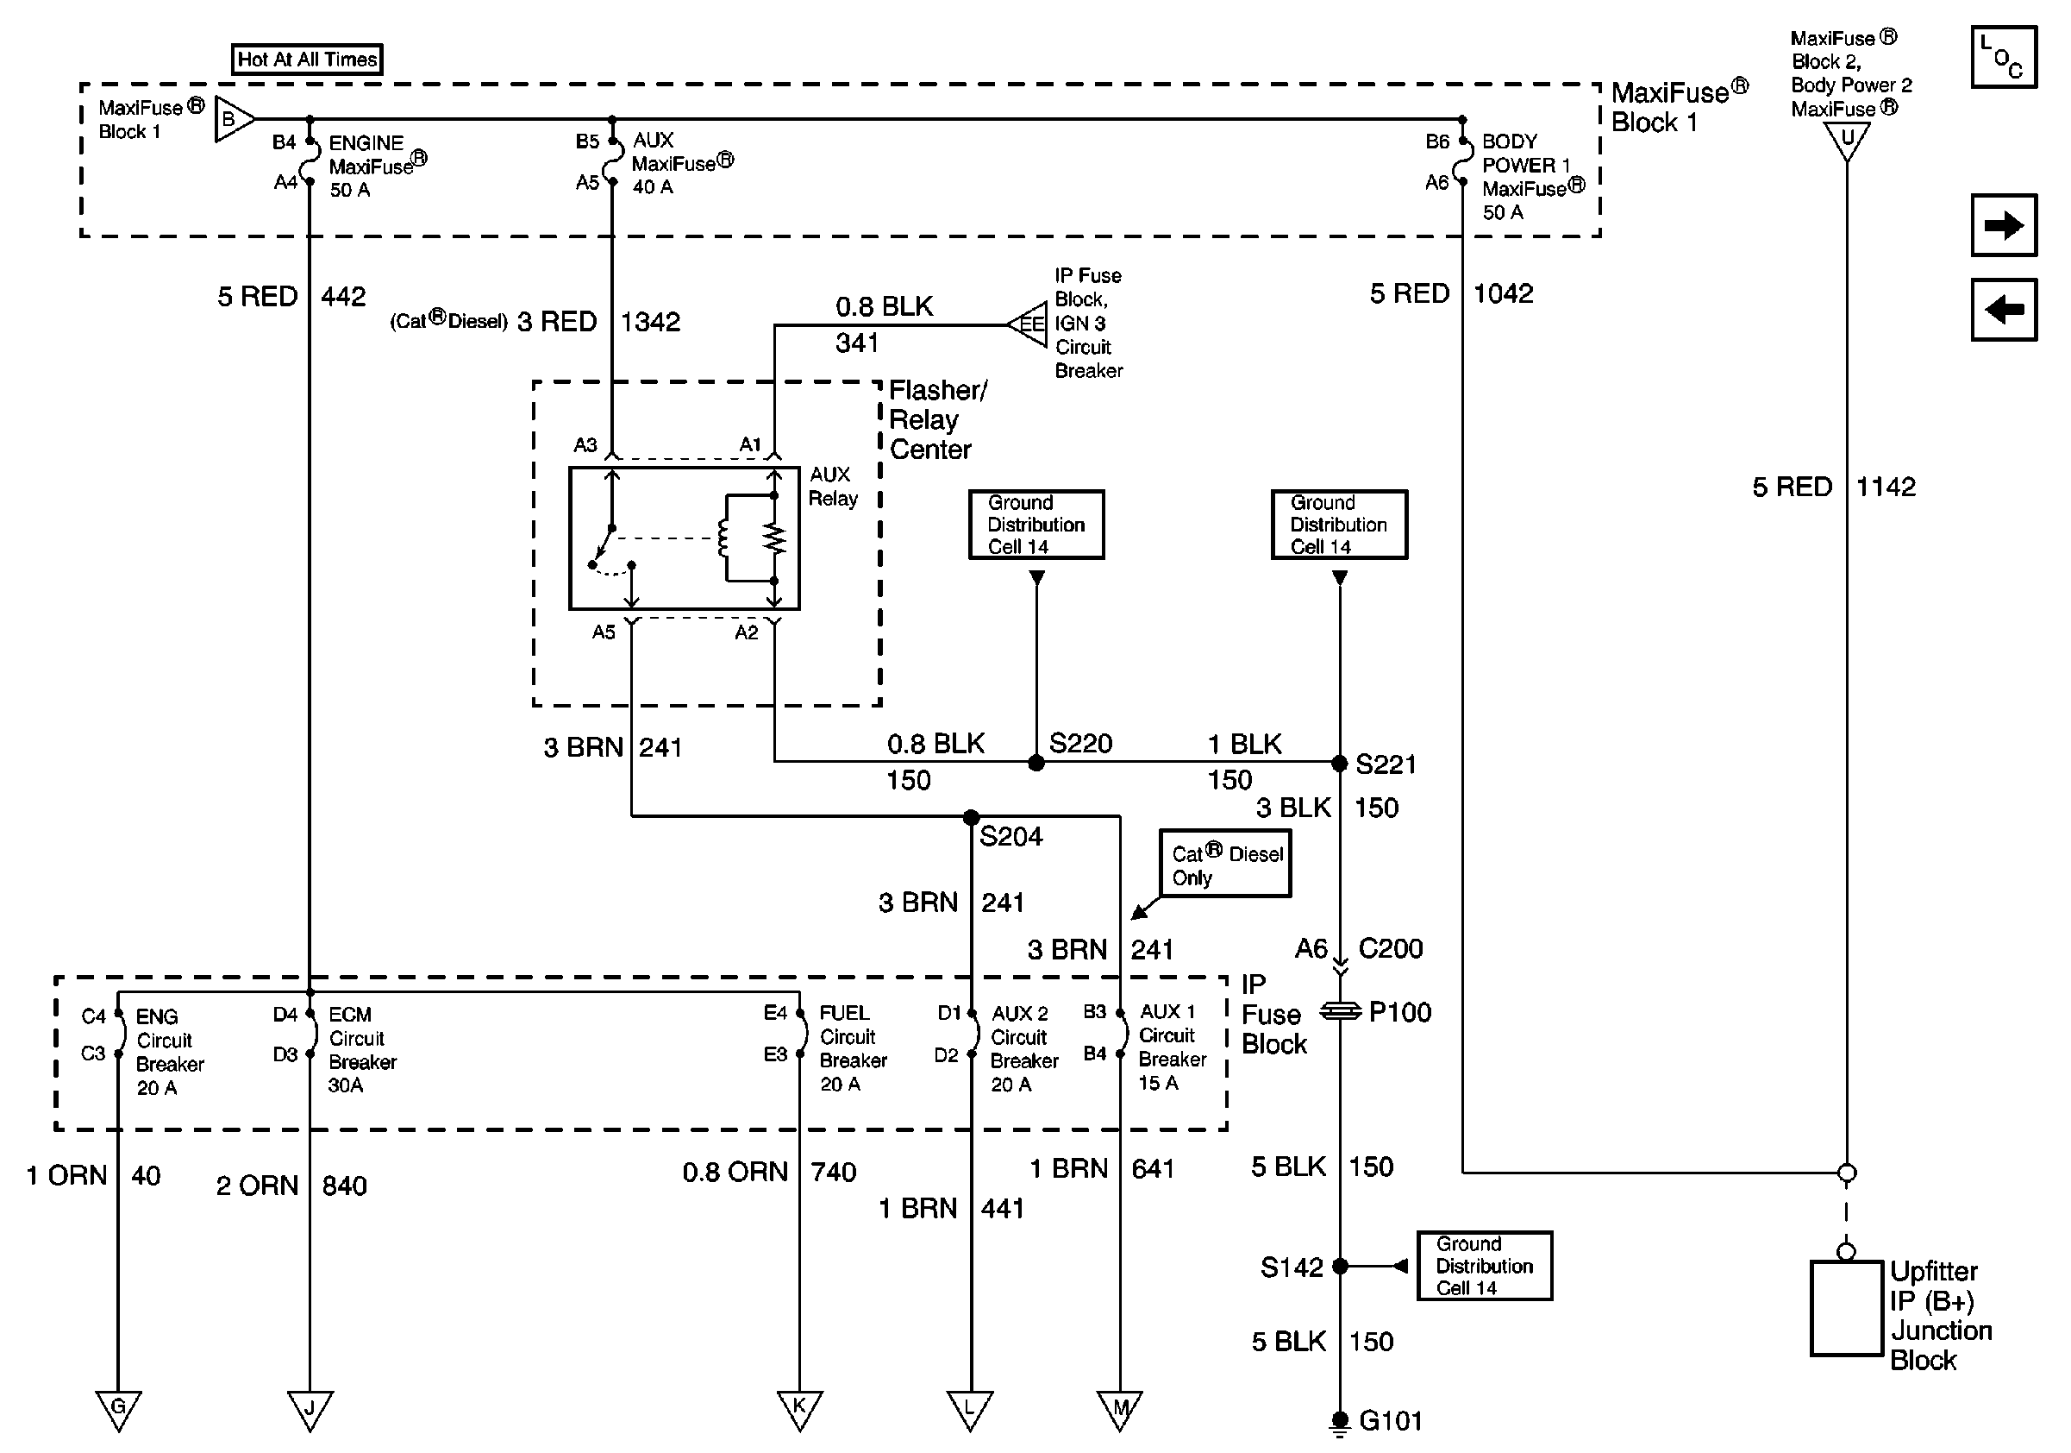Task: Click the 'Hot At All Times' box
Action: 307,60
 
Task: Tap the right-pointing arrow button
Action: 2004,225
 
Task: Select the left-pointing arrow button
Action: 2004,310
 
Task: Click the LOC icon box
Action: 2004,57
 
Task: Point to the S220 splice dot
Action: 1036,763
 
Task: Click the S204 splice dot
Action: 971,818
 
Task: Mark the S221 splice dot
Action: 1340,764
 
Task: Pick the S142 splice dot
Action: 1341,1266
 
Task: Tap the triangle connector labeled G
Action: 118,1408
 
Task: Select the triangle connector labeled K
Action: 799,1408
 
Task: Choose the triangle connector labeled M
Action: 1120,1408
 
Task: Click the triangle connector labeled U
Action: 1847,139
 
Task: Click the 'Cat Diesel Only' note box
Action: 1225,864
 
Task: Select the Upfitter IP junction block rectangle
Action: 1847,1309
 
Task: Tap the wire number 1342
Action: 650,322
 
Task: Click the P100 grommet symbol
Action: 1341,1012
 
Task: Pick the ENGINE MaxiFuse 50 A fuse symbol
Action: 310,161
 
